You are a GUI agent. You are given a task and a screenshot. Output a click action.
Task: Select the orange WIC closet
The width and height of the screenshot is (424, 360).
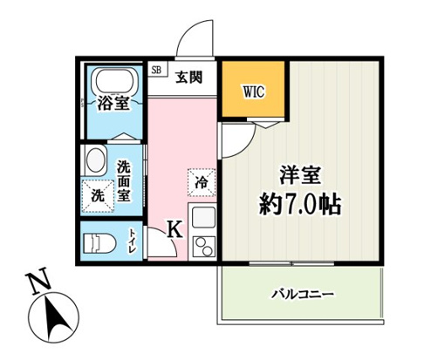(252, 90)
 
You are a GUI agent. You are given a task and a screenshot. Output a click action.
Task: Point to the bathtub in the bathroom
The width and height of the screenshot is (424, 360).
(111, 84)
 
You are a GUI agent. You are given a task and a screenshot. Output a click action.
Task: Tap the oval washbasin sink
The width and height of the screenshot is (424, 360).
(95, 161)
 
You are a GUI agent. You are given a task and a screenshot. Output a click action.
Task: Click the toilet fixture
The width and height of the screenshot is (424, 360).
(99, 241)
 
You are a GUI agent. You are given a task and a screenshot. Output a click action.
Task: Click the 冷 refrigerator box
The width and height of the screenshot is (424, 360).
(200, 183)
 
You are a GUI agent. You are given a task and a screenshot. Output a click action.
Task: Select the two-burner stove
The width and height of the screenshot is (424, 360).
(202, 246)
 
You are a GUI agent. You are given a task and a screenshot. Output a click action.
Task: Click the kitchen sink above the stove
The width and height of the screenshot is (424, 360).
(202, 218)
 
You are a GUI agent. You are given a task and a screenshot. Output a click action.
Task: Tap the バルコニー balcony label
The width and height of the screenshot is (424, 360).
(301, 293)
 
